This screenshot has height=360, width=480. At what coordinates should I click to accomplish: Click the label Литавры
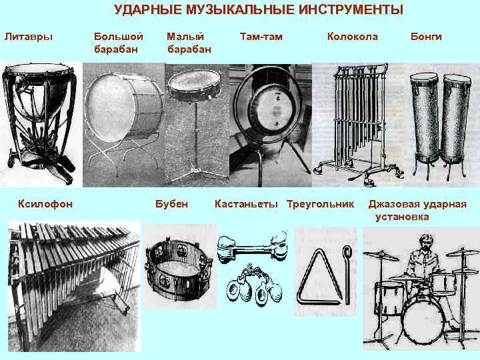[29, 37]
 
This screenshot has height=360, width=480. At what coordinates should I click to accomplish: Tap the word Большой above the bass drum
[119, 37]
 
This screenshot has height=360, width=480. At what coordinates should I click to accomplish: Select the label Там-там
[261, 37]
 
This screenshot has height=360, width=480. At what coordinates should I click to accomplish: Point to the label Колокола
[353, 37]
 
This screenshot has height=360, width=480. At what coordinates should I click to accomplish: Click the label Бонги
[426, 37]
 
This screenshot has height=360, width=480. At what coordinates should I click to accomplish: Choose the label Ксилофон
[45, 204]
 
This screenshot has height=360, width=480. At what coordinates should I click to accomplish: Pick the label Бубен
[171, 204]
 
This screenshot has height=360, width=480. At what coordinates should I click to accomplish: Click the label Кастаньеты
[246, 204]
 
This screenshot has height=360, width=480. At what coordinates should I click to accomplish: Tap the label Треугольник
[320, 204]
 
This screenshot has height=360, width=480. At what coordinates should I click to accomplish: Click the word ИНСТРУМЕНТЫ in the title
[351, 10]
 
